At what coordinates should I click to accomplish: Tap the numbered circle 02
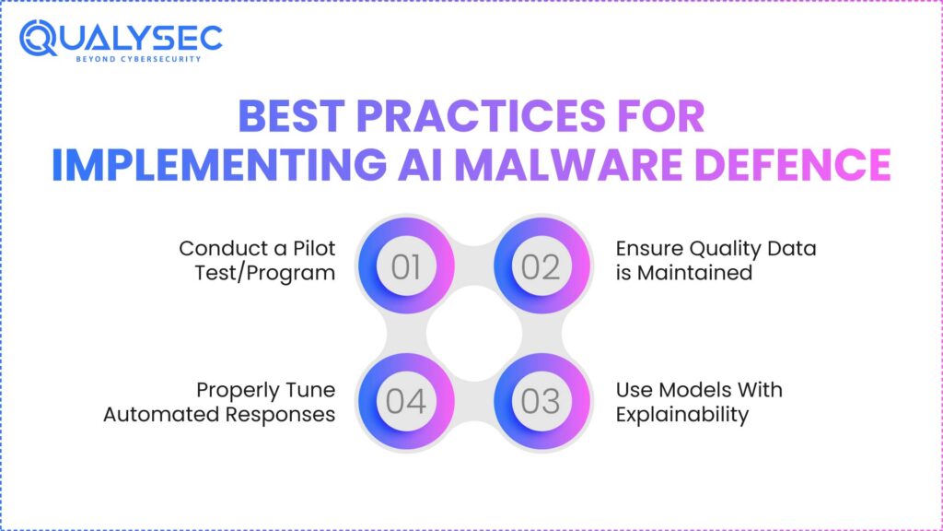pyautogui.click(x=541, y=266)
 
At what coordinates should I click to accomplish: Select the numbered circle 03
pyautogui.click(x=541, y=401)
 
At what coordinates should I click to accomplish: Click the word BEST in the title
pyautogui.click(x=290, y=118)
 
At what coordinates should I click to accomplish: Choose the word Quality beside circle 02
pyautogui.click(x=724, y=248)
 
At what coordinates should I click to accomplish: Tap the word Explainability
pyautogui.click(x=682, y=414)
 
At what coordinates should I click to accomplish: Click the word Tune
pyautogui.click(x=309, y=389)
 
